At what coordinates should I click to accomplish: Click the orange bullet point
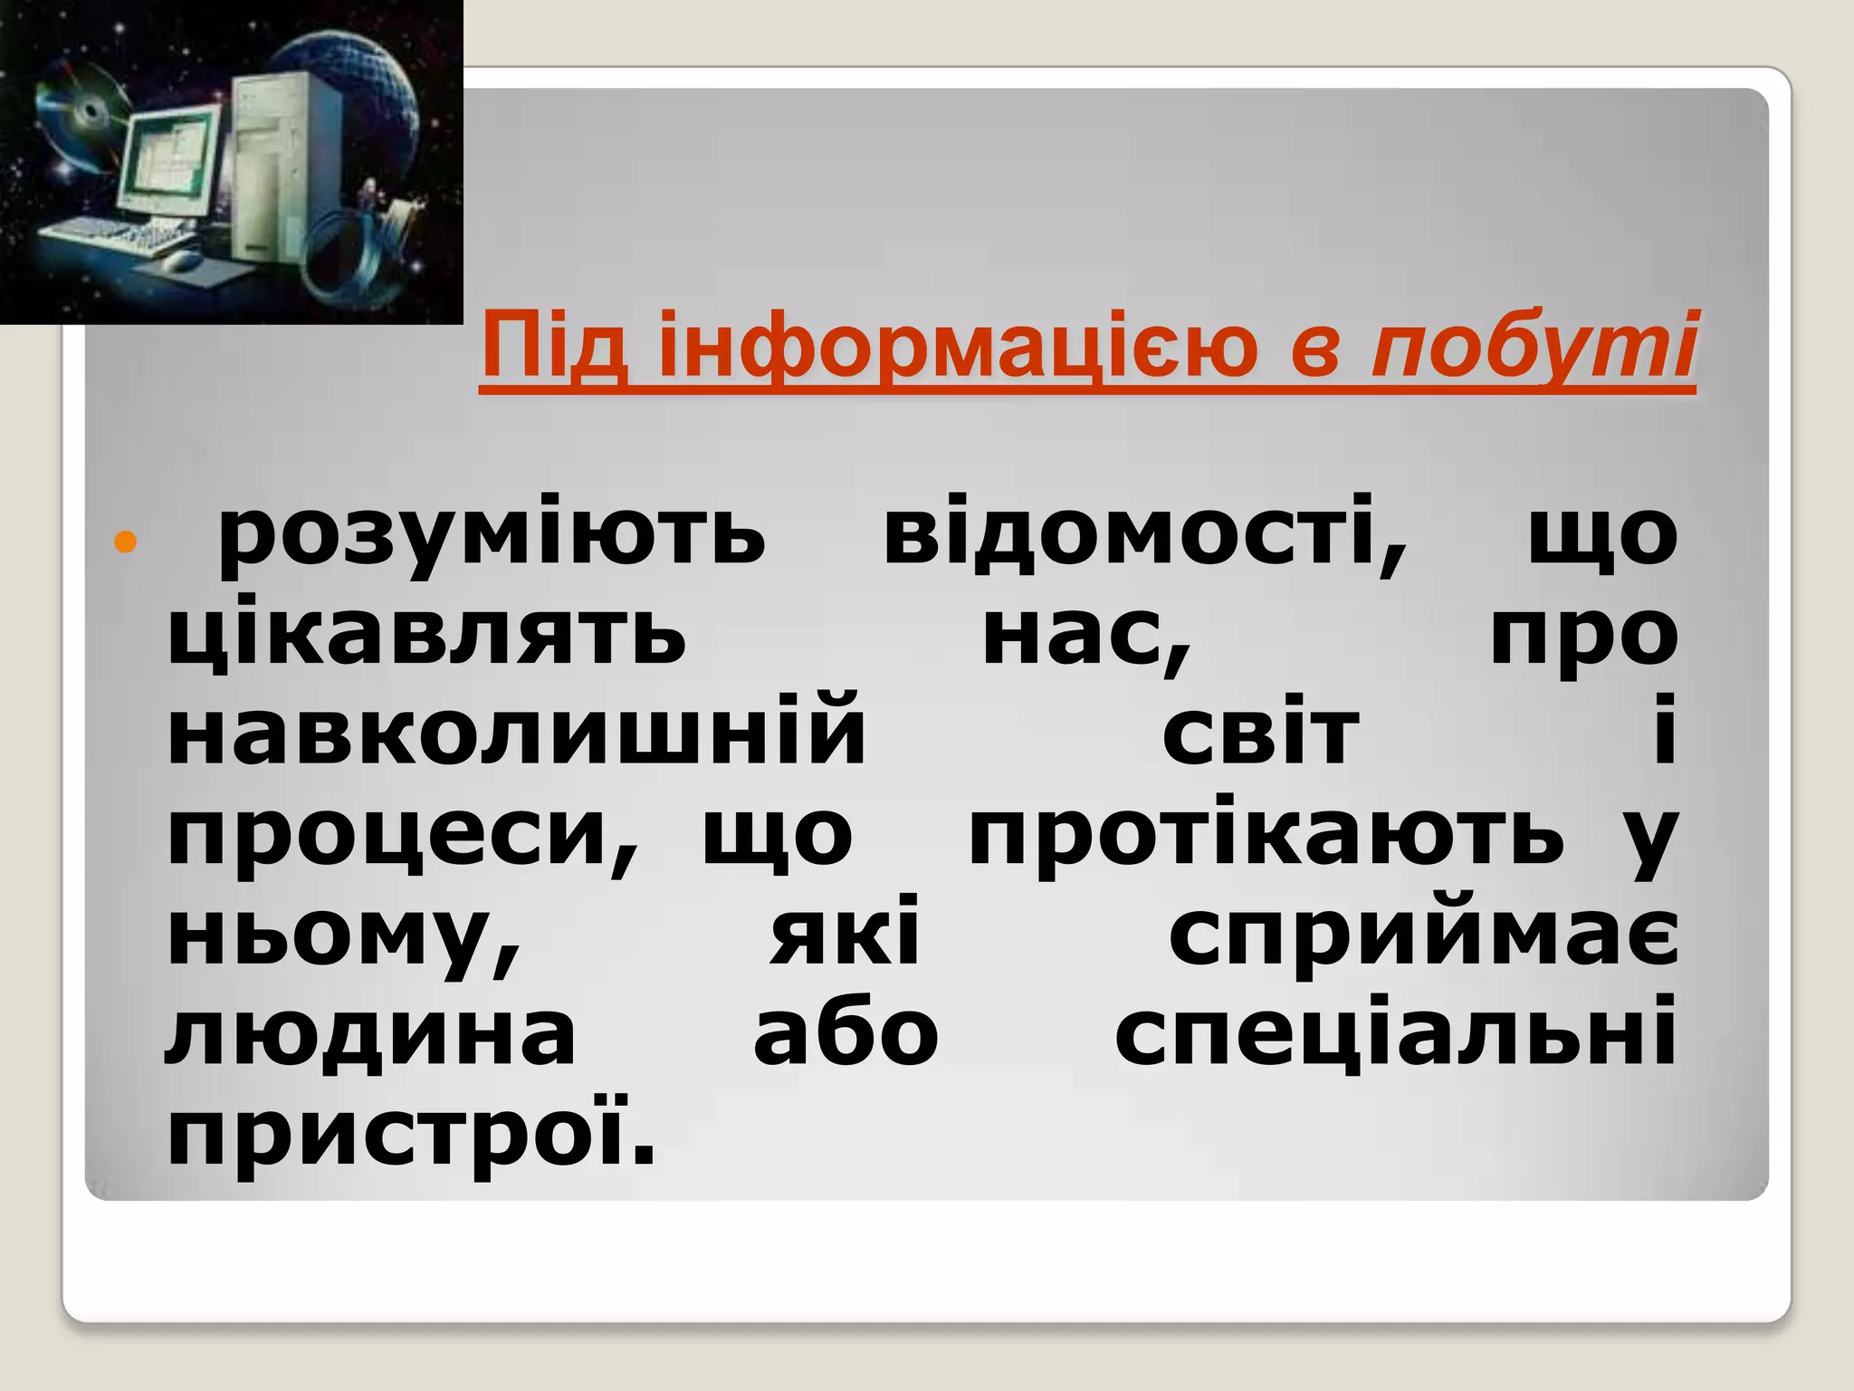coord(125,542)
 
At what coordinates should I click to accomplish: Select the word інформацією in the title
coord(958,347)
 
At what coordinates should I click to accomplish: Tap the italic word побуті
coord(1534,347)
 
